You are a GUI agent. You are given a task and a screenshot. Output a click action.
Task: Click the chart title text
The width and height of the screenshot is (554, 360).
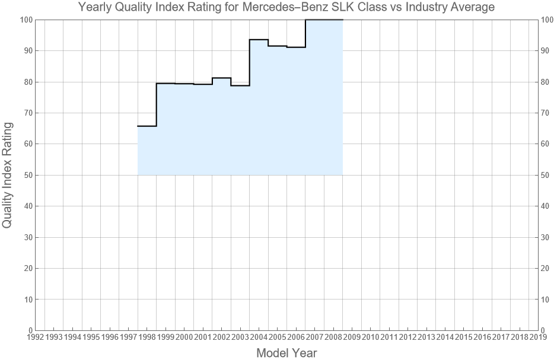287,8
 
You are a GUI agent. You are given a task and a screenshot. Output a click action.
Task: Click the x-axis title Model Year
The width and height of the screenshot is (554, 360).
286,353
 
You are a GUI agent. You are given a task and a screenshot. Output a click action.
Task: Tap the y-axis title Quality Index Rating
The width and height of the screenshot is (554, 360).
8,175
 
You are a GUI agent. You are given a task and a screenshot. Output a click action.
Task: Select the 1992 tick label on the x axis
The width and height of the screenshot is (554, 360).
35,337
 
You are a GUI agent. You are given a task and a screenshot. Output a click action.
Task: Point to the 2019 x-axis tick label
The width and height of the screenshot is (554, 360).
538,337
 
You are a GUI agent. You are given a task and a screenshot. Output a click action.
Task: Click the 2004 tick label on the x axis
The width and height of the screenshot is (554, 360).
259,337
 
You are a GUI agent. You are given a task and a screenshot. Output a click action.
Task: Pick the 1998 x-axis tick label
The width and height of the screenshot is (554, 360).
147,337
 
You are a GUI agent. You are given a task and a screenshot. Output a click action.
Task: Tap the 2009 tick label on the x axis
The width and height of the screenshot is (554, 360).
352,337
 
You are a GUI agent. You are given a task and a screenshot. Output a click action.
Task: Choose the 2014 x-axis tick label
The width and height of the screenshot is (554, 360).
445,337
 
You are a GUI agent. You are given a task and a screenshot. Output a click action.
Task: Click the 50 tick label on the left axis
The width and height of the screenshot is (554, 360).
27,175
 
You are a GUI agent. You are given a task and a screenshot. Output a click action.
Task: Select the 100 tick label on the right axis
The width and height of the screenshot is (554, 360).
547,20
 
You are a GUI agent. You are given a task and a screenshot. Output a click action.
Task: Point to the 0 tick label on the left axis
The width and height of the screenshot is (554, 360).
29,330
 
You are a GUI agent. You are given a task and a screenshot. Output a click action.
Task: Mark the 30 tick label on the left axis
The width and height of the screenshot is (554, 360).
27,237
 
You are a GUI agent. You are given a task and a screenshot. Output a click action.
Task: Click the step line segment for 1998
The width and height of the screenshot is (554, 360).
147,126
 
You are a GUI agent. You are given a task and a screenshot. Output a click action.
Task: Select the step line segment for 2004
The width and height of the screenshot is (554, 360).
259,40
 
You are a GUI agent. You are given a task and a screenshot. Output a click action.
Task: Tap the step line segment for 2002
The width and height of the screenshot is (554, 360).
221,78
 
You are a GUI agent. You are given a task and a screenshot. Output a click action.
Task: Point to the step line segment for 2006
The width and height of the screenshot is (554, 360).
296,47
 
